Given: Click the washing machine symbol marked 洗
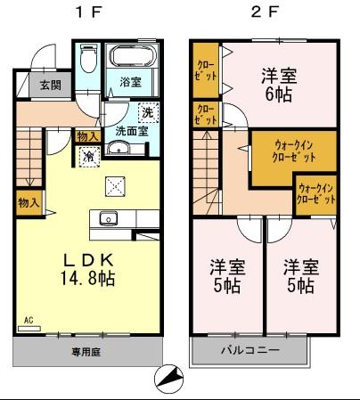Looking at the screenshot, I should (148, 112).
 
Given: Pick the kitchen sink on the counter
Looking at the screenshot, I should (110, 216).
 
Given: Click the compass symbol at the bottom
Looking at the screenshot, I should (167, 380).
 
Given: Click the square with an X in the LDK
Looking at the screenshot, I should (114, 185).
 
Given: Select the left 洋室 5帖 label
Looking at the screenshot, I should (227, 275).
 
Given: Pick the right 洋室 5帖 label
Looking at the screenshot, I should (300, 275).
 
